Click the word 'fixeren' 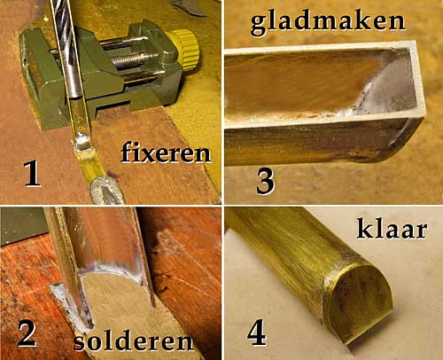coord(166,153)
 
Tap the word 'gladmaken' coord(328,22)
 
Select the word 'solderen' coord(134,342)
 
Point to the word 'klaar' coord(392,229)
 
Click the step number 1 coord(32,174)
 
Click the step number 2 coord(27,334)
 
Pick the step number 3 coord(265,181)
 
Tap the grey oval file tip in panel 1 coord(107,191)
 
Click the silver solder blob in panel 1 coord(82,141)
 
